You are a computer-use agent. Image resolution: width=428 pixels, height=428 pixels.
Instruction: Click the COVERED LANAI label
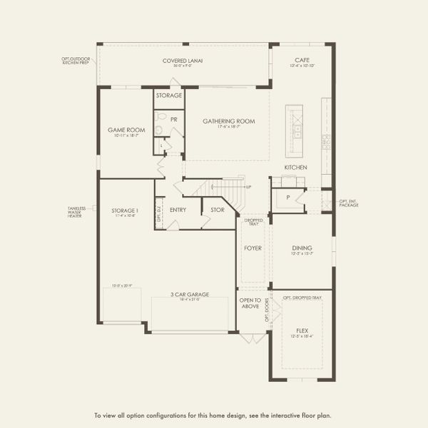[183, 61]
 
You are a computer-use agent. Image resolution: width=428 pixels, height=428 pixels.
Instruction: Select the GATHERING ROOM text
[228, 121]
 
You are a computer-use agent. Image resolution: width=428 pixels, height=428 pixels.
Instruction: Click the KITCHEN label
[295, 167]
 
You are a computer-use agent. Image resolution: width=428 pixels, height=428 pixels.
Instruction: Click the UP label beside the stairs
[248, 188]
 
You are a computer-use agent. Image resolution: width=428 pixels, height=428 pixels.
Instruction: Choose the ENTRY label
[178, 210]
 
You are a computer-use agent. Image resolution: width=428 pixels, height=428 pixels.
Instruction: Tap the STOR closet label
[217, 210]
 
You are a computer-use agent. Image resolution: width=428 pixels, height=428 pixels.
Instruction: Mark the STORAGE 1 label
[124, 210]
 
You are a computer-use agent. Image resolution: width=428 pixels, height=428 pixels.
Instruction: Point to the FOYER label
[253, 249]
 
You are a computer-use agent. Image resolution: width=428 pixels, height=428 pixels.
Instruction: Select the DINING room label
[302, 248]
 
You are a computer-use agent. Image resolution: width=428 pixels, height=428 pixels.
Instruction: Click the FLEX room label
[302, 330]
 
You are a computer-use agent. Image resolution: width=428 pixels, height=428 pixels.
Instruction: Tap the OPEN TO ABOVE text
[251, 302]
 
